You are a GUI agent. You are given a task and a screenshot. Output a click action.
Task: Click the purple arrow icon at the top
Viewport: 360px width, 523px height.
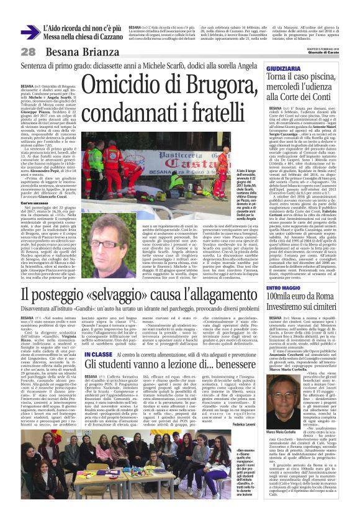[30, 32]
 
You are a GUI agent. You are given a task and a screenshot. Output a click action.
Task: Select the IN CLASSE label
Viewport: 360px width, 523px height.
[98, 355]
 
